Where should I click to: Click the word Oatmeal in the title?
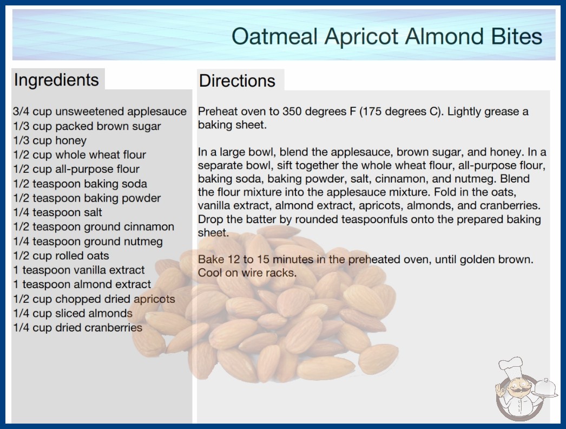pyautogui.click(x=275, y=36)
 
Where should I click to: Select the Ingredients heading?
pyautogui.click(x=56, y=80)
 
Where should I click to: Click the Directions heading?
pyautogui.click(x=237, y=81)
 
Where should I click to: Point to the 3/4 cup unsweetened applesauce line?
pyautogui.click(x=100, y=112)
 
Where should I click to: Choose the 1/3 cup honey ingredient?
pyautogui.click(x=50, y=141)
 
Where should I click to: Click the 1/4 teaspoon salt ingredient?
pyautogui.click(x=57, y=212)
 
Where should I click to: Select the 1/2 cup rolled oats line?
pyautogui.click(x=61, y=256)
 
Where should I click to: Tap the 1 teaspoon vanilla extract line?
pyautogui.click(x=78, y=270)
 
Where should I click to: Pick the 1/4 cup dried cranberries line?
pyautogui.click(x=77, y=328)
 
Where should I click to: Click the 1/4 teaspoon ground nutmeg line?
pyautogui.click(x=88, y=242)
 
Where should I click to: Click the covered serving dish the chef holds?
pyautogui.click(x=545, y=388)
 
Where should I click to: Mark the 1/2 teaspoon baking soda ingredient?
pyautogui.click(x=80, y=184)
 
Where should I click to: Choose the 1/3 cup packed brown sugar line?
pyautogui.click(x=87, y=127)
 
